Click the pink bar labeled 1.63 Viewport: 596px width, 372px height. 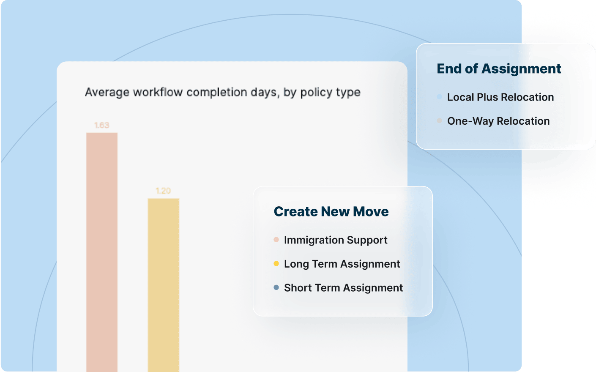point(102,252)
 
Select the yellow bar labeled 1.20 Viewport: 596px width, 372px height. point(163,285)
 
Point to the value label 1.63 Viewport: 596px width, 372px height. point(101,125)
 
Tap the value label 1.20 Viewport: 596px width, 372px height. point(163,191)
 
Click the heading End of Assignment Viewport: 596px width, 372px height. point(499,68)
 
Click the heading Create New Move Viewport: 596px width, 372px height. point(331,211)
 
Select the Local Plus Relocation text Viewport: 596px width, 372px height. point(500,97)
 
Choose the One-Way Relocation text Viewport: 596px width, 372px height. point(498,121)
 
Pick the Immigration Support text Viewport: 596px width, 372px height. point(336,240)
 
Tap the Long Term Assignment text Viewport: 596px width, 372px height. point(342,264)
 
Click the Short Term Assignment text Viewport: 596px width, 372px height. point(344,287)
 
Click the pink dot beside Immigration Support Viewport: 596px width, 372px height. point(276,240)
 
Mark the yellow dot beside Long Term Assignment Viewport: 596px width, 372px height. point(276,264)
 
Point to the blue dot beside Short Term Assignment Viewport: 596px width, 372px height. point(276,287)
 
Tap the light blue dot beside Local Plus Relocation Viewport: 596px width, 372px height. point(439,97)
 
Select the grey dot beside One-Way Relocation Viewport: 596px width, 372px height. point(439,121)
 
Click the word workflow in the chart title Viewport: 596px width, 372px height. point(158,92)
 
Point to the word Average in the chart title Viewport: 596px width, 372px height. point(107,93)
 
